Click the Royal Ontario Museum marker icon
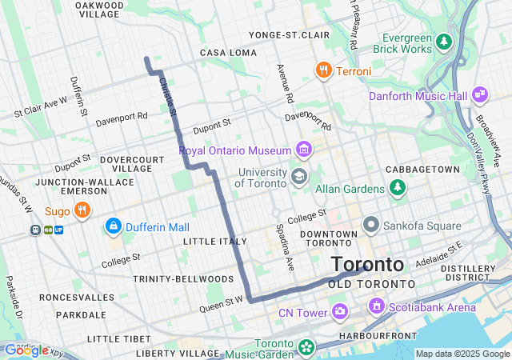click(303, 150)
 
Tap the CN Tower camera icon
click(339, 311)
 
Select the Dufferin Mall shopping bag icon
click(113, 227)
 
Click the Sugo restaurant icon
click(81, 210)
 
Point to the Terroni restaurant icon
click(323, 70)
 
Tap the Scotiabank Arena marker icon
click(376, 306)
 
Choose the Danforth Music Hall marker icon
click(480, 95)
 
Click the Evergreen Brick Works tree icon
click(445, 40)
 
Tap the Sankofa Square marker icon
click(370, 226)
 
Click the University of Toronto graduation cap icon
click(298, 176)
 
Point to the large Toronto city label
click(367, 265)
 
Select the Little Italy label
click(210, 241)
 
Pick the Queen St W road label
click(221, 304)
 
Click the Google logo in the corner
click(26, 350)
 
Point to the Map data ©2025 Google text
click(462, 354)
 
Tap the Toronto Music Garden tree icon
click(306, 347)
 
